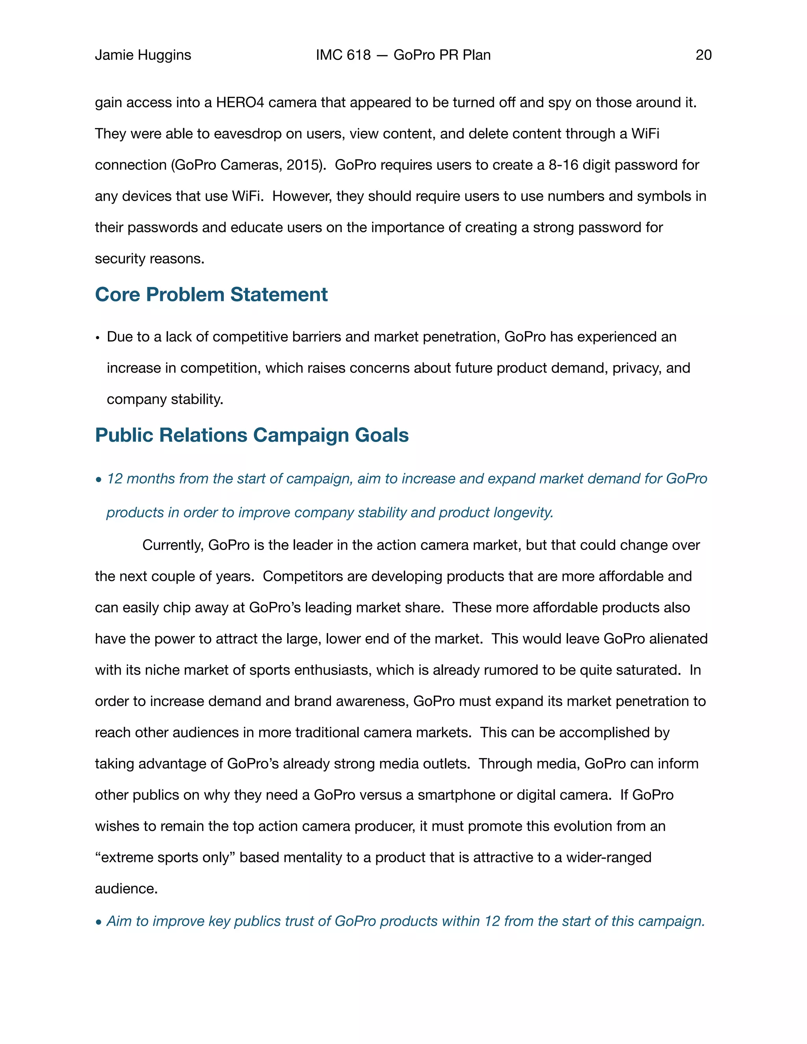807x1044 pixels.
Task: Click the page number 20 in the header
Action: (x=703, y=55)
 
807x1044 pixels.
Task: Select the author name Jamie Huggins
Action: (x=143, y=55)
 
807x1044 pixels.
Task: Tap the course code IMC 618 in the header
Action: (x=343, y=55)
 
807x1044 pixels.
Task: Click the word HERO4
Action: (x=240, y=102)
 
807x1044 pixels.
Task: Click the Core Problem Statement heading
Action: (x=211, y=294)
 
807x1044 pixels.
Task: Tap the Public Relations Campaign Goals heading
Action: (x=251, y=435)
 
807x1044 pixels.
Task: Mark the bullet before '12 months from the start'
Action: (x=99, y=479)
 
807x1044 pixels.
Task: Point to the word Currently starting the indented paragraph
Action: (x=173, y=545)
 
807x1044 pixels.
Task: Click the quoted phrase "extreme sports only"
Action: (x=165, y=857)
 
